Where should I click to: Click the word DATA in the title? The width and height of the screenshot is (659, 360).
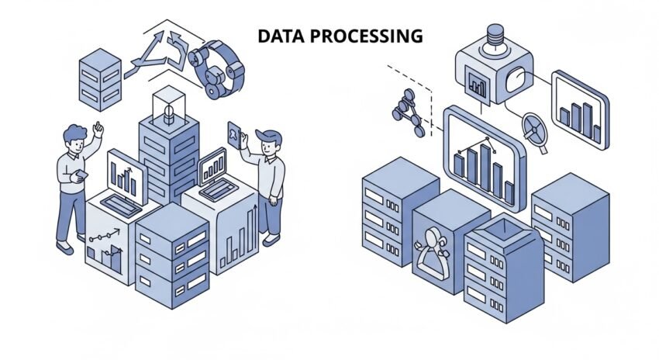[x=277, y=36]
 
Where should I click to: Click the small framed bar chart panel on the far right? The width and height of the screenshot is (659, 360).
[x=579, y=109]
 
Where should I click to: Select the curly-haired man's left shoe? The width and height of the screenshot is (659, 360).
[x=65, y=247]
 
